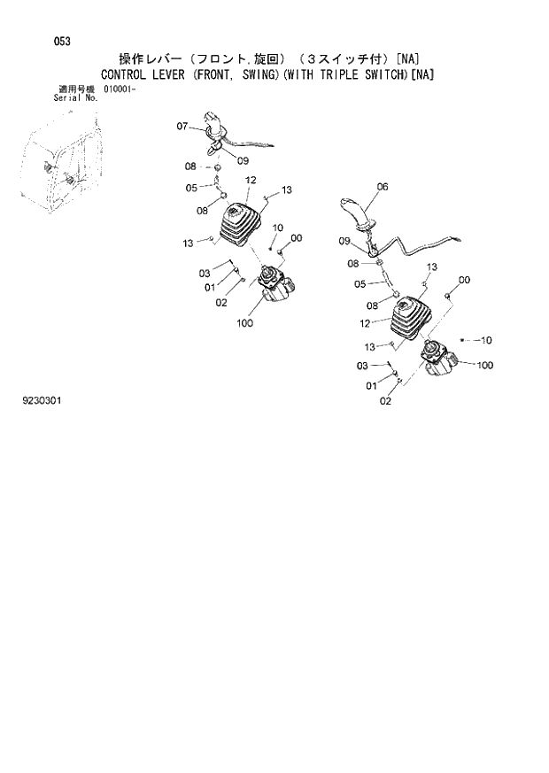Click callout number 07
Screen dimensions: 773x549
tap(182, 127)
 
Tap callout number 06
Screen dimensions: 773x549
tap(383, 187)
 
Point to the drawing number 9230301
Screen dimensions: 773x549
tap(43, 400)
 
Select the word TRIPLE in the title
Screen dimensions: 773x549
tap(356, 74)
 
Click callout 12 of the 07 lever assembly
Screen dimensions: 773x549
tap(251, 181)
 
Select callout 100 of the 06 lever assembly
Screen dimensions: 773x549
tap(485, 365)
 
